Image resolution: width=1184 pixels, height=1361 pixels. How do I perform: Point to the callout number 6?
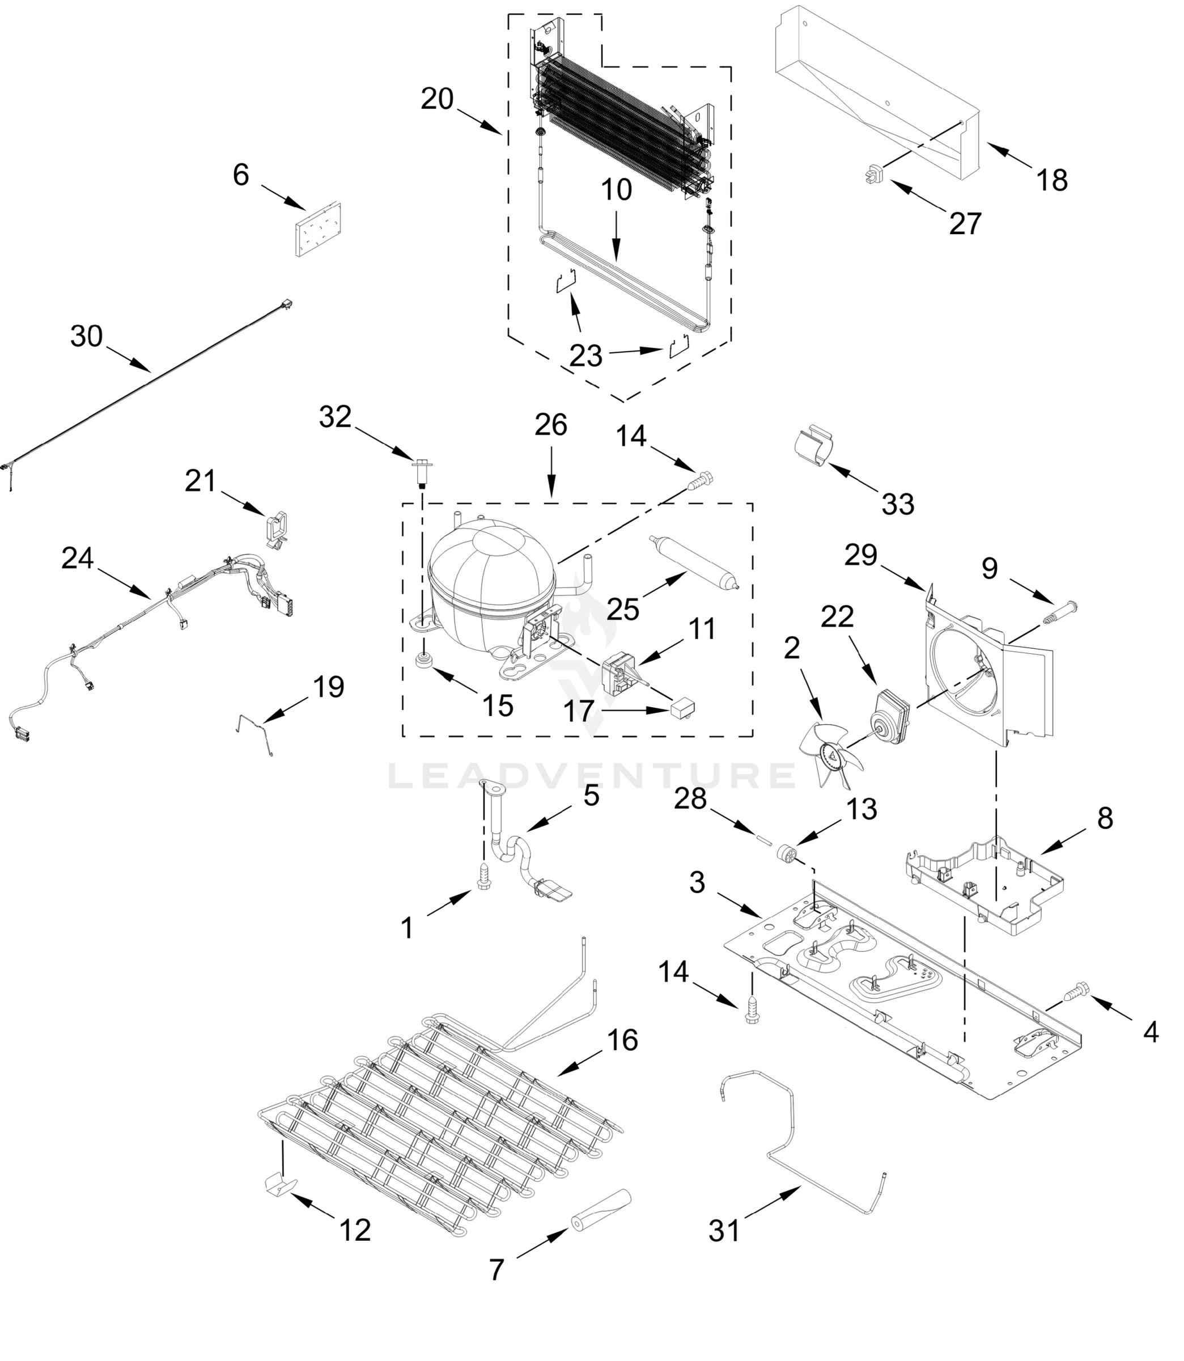(x=240, y=175)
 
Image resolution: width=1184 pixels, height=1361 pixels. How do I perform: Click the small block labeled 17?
(x=682, y=709)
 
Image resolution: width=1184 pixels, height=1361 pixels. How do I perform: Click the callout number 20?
(x=437, y=99)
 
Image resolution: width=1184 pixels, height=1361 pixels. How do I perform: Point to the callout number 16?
(x=622, y=1040)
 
